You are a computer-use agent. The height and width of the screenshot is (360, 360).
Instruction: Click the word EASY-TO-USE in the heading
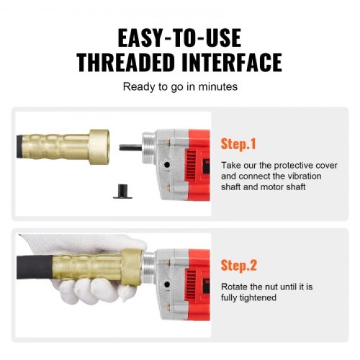click(x=179, y=38)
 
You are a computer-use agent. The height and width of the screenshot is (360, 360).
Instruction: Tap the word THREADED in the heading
click(x=125, y=62)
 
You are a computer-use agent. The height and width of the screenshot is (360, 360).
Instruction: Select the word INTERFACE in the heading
click(x=232, y=62)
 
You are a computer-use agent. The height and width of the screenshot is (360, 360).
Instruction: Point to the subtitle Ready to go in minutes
click(x=180, y=87)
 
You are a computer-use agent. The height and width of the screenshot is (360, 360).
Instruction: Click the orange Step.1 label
click(x=238, y=144)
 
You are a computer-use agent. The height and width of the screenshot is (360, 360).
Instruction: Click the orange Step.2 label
click(x=238, y=265)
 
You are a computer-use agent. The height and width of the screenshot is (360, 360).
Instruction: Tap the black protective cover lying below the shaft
click(x=123, y=191)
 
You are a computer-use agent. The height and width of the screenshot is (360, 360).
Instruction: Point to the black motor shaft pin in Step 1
click(x=130, y=147)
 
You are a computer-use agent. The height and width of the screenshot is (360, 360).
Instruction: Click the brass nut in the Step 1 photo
click(x=99, y=147)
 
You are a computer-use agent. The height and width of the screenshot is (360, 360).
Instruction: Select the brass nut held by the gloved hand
click(x=132, y=267)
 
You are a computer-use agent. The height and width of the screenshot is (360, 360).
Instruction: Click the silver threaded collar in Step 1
click(x=149, y=147)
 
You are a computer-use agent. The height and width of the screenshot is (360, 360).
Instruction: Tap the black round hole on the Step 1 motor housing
click(x=167, y=165)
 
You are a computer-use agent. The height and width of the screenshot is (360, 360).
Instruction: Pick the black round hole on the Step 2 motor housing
click(x=167, y=285)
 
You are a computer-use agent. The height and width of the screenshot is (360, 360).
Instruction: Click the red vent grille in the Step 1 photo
click(x=191, y=165)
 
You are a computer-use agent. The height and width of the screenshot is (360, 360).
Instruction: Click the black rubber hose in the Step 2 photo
click(x=35, y=267)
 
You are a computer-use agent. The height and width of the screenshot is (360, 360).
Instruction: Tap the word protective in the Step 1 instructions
click(x=293, y=165)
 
